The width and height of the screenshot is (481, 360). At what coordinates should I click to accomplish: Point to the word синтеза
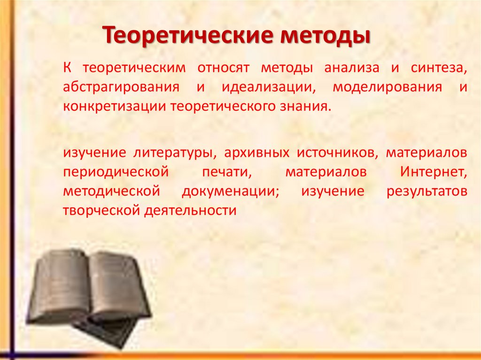438,69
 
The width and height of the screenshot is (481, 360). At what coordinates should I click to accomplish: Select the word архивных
256,153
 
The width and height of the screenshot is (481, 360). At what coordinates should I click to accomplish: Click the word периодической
116,172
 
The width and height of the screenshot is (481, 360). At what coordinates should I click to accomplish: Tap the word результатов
427,191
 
